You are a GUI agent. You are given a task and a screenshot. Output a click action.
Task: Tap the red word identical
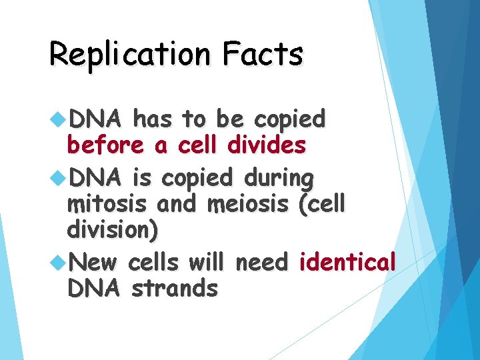point(347,262)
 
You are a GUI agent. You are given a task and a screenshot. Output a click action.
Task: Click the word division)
point(113,230)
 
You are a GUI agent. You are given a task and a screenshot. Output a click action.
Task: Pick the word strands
point(174,288)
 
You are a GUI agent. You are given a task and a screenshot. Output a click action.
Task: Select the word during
point(279,179)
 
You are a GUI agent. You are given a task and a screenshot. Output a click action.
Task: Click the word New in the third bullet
point(92,262)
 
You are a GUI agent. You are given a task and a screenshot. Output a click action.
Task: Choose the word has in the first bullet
point(153,120)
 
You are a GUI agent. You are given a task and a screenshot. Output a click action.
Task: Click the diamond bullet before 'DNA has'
point(58,121)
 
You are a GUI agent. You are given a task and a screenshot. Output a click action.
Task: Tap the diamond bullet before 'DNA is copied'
point(58,179)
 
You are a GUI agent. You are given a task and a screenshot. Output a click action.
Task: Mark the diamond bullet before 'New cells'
point(58,263)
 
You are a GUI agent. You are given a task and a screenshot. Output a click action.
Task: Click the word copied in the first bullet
point(290,120)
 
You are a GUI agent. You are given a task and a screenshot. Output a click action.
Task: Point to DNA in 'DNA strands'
point(93,288)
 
